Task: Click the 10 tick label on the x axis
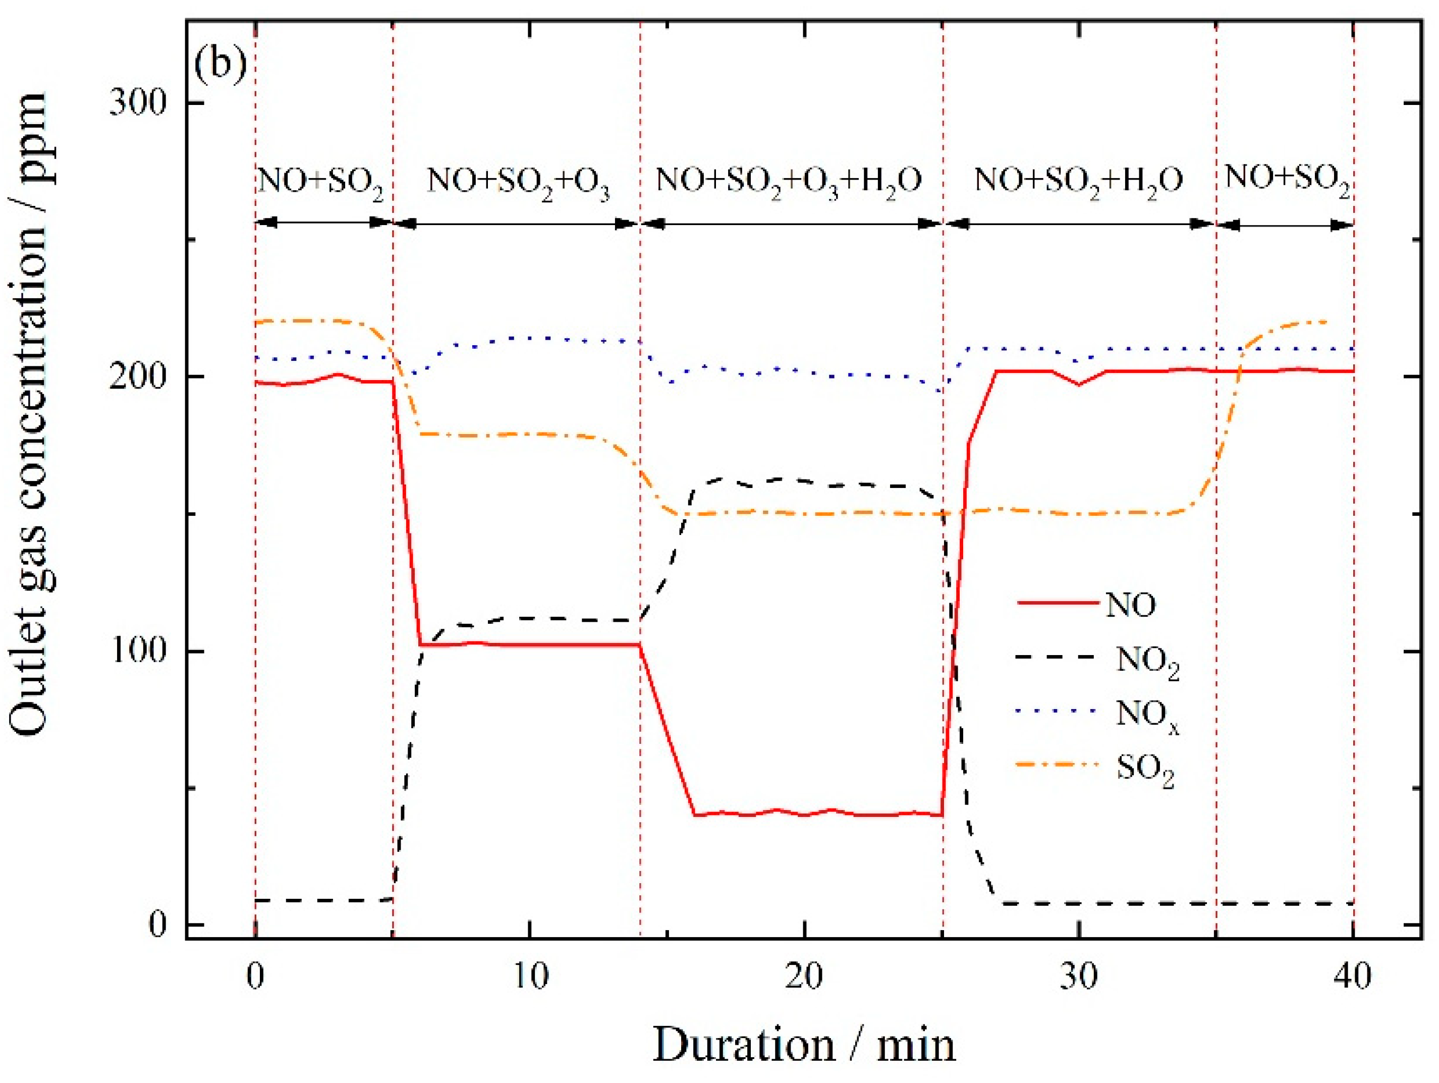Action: tap(530, 976)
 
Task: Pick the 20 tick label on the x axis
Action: tap(805, 976)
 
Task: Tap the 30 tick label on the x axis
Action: tap(1079, 976)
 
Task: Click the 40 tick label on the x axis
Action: tap(1353, 976)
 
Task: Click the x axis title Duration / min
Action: tap(804, 1045)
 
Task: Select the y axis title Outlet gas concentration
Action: tap(29, 416)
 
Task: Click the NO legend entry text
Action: tap(1131, 605)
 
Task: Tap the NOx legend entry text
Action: tap(1147, 716)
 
